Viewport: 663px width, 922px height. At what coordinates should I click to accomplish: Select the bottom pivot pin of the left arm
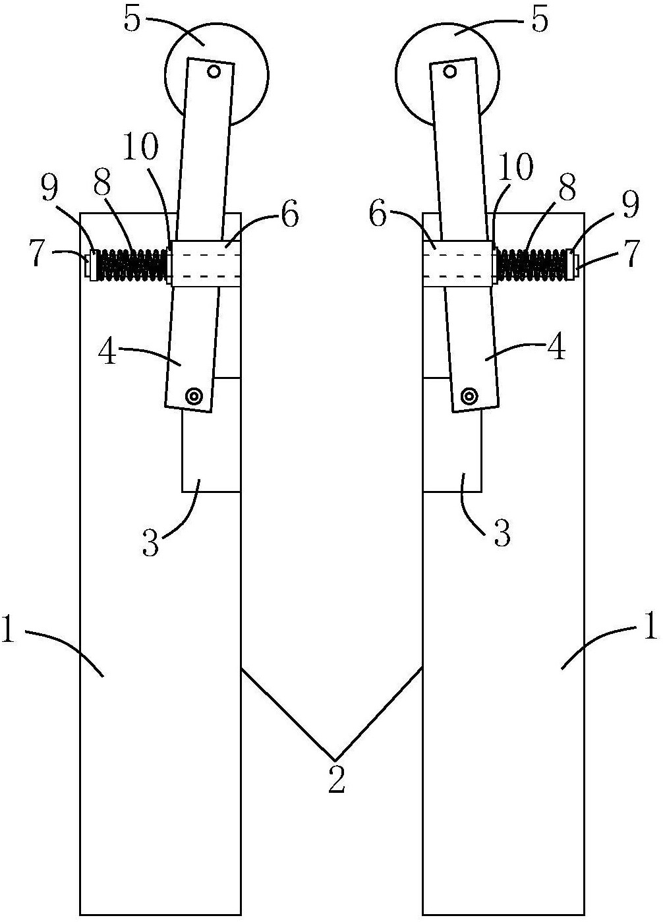[x=194, y=396]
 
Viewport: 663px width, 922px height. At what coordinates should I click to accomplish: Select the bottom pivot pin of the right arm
[x=469, y=396]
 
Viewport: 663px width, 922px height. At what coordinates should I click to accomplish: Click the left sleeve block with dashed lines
[x=204, y=264]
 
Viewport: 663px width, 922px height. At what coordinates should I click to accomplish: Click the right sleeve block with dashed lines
[x=457, y=264]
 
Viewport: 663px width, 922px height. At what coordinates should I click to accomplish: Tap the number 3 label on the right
[x=503, y=534]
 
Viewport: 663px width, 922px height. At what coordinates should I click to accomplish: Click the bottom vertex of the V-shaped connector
[x=334, y=758]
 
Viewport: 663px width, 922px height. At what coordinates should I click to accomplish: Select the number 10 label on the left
[x=140, y=149]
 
